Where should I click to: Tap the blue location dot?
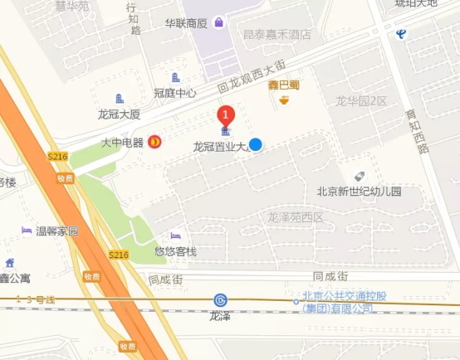coord(257,144)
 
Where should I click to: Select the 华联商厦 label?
coord(185,23)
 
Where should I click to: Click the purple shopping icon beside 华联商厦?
coord(218,22)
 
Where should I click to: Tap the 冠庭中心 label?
coord(175,93)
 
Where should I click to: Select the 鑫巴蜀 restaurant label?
coord(283,85)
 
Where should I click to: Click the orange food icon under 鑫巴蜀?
coord(285,100)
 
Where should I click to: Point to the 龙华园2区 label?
coord(361,101)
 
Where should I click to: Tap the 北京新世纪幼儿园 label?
coord(359,192)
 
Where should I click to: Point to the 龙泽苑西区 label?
coord(295,217)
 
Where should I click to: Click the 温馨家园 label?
coord(56,231)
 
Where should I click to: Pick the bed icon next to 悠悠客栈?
coord(175,236)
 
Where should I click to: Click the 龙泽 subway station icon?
coord(220,299)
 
